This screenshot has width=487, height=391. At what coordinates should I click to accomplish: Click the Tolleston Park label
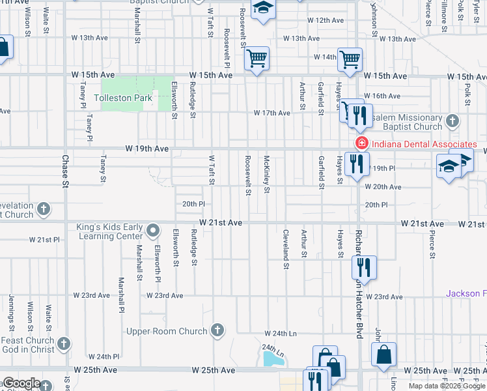(x=123, y=98)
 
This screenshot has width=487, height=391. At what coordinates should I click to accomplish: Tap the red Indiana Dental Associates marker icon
(x=359, y=143)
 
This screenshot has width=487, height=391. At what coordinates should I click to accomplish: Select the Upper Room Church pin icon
(x=217, y=331)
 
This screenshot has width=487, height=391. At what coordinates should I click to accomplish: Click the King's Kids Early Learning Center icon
(x=153, y=230)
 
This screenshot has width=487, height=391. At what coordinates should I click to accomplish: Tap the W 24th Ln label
(x=281, y=334)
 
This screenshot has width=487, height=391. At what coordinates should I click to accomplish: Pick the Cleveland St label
(x=285, y=250)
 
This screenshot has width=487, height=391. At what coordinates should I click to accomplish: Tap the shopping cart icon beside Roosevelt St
(x=257, y=59)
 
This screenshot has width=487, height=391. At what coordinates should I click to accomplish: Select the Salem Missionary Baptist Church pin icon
(x=453, y=121)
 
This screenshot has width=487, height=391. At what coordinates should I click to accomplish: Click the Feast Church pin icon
(x=64, y=343)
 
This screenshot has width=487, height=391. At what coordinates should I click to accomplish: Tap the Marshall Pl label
(x=122, y=295)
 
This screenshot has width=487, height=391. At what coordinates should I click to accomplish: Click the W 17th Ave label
(x=272, y=113)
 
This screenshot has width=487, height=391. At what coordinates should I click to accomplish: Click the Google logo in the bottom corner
(x=21, y=383)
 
